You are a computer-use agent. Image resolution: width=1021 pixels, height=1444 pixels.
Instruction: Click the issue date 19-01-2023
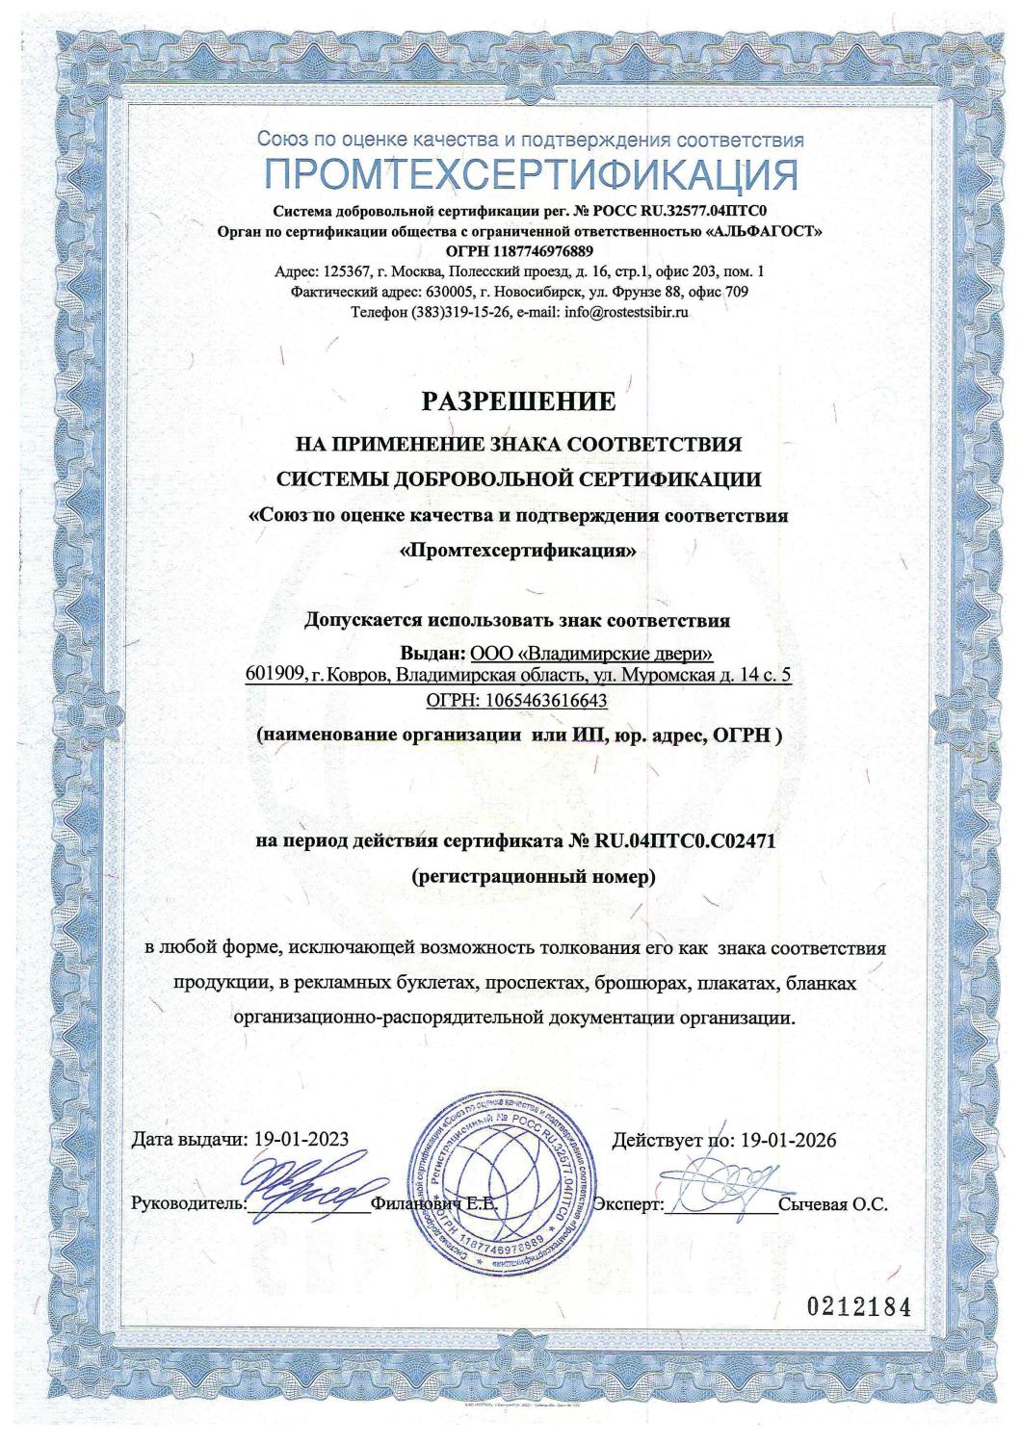point(301,1141)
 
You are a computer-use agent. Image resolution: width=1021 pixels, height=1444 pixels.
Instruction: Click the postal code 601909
point(275,677)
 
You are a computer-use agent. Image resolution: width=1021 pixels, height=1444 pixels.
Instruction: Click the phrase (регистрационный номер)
point(532,877)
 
